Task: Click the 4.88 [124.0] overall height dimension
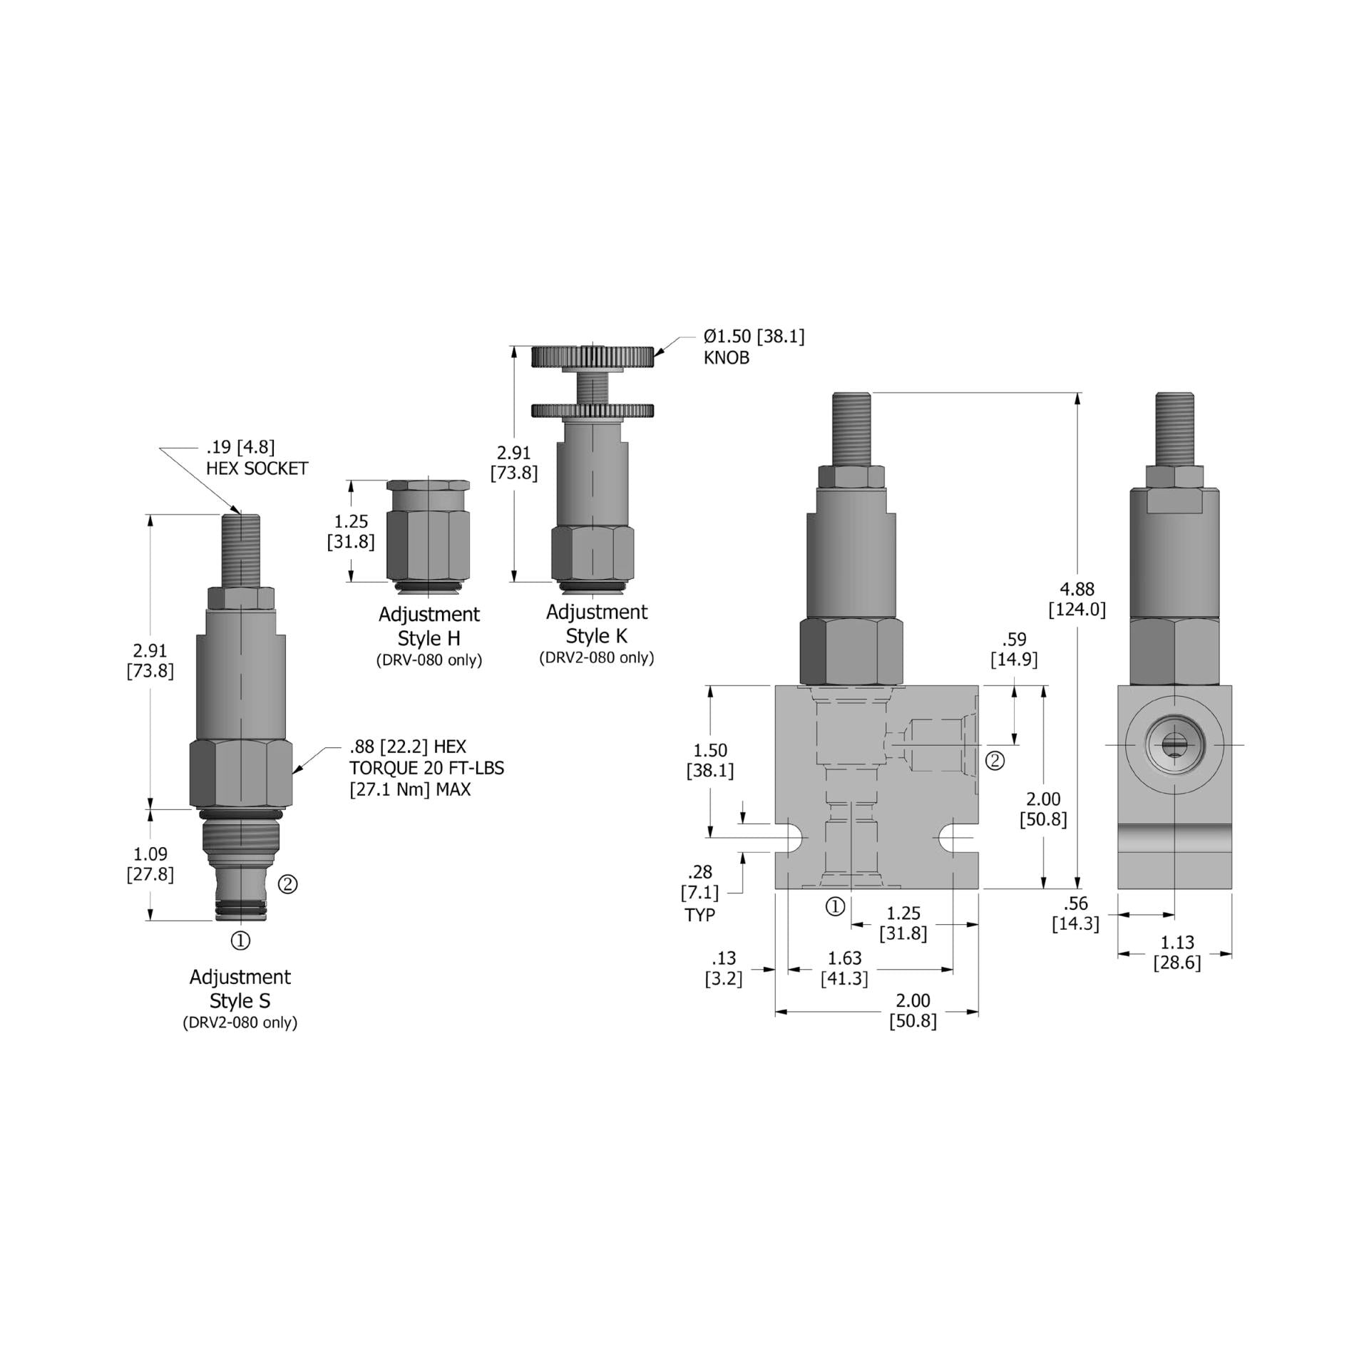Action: click(x=1077, y=599)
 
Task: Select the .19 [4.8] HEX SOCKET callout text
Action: click(x=257, y=458)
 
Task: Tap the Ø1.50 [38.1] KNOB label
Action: click(x=754, y=347)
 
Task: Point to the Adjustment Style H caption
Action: click(x=429, y=626)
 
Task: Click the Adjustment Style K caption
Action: click(x=597, y=624)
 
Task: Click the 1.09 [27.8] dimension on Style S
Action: click(x=150, y=863)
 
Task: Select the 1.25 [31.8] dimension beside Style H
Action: click(x=351, y=531)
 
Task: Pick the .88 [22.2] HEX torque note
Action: click(x=426, y=768)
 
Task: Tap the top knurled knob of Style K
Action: click(x=593, y=357)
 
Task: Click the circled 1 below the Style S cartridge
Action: click(x=241, y=940)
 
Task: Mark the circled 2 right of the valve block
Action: click(x=995, y=761)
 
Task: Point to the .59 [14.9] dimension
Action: click(x=1014, y=650)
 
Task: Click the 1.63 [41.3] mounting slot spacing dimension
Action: click(x=844, y=968)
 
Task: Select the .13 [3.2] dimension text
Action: click(x=724, y=968)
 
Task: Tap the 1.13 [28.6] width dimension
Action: click(x=1176, y=953)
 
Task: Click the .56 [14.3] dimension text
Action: click(x=1075, y=913)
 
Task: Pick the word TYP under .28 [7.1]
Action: click(x=699, y=915)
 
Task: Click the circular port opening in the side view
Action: click(x=1174, y=744)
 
